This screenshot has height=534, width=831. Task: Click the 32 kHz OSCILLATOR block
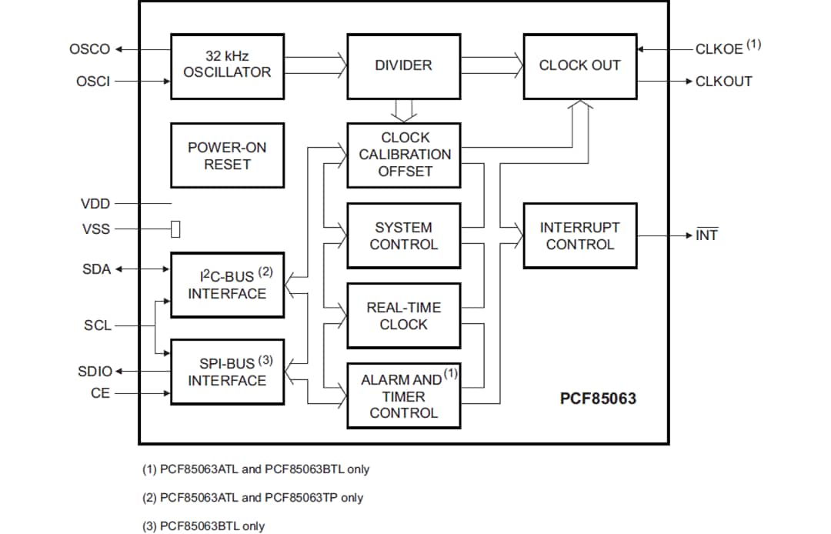[227, 65]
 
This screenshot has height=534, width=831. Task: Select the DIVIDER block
[403, 65]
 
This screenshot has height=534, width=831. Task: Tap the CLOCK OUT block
[579, 65]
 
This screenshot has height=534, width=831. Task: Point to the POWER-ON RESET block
[227, 155]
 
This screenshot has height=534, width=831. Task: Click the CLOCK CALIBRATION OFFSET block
[404, 155]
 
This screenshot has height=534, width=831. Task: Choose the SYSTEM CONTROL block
[403, 236]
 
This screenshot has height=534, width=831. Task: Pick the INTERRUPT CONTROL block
[579, 236]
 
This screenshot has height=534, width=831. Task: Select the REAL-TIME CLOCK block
[403, 315]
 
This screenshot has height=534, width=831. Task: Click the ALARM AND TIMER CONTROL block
[403, 395]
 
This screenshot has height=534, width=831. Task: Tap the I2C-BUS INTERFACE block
[227, 285]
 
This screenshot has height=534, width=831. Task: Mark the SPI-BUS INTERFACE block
[227, 372]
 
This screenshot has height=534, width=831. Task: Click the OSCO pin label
[90, 50]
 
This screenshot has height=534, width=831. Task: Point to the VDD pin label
[95, 204]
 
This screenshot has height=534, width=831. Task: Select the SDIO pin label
[95, 372]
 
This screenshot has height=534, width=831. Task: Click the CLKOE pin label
[719, 49]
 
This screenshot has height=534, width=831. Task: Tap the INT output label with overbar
[706, 235]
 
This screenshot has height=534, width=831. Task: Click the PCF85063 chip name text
[598, 399]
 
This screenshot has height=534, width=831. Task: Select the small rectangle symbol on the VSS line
[175, 229]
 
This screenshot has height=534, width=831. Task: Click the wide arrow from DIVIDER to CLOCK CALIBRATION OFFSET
[404, 111]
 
